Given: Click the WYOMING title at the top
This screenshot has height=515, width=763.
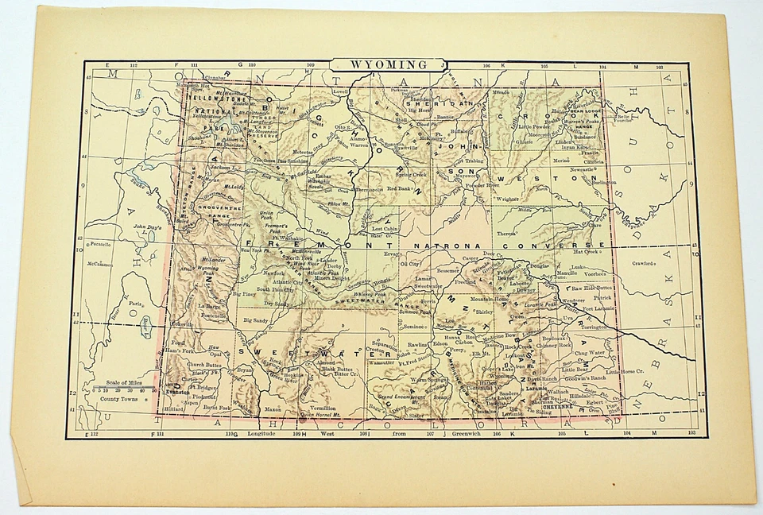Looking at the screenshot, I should click(x=389, y=64).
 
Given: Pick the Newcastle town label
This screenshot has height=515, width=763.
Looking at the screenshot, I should click(x=582, y=169).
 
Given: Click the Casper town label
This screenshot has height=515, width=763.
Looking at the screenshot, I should click(x=471, y=259).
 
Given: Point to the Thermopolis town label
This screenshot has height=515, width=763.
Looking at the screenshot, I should click(x=370, y=190).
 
